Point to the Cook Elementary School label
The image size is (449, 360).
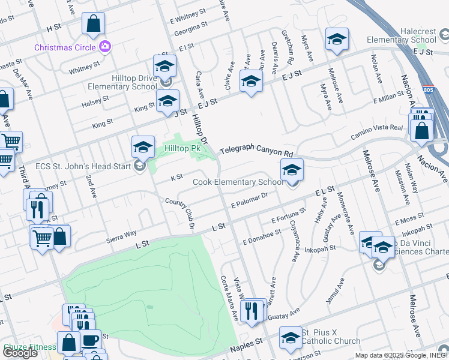click(237, 182)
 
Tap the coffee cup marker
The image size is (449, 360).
click(90, 340)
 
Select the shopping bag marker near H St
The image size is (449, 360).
click(94, 24)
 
